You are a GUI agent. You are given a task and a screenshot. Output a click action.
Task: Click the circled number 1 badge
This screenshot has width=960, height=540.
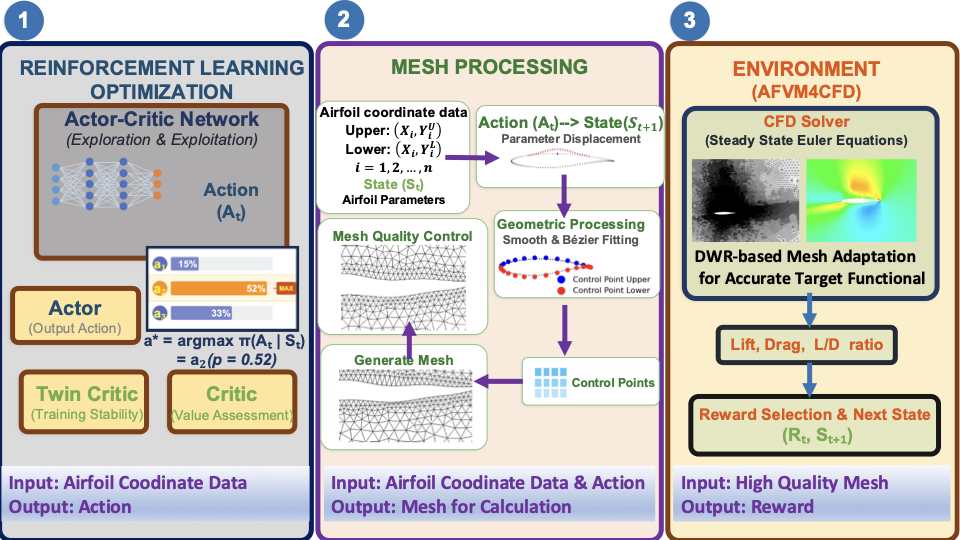click(x=24, y=20)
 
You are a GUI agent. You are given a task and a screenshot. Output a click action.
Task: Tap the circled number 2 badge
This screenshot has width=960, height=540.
click(x=343, y=20)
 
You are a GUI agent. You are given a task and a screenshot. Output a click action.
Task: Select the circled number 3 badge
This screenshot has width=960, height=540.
click(x=690, y=20)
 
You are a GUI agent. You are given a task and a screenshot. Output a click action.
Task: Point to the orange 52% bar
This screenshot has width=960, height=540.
click(x=220, y=288)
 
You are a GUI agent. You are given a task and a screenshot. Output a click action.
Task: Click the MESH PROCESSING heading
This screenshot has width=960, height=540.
click(x=490, y=67)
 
